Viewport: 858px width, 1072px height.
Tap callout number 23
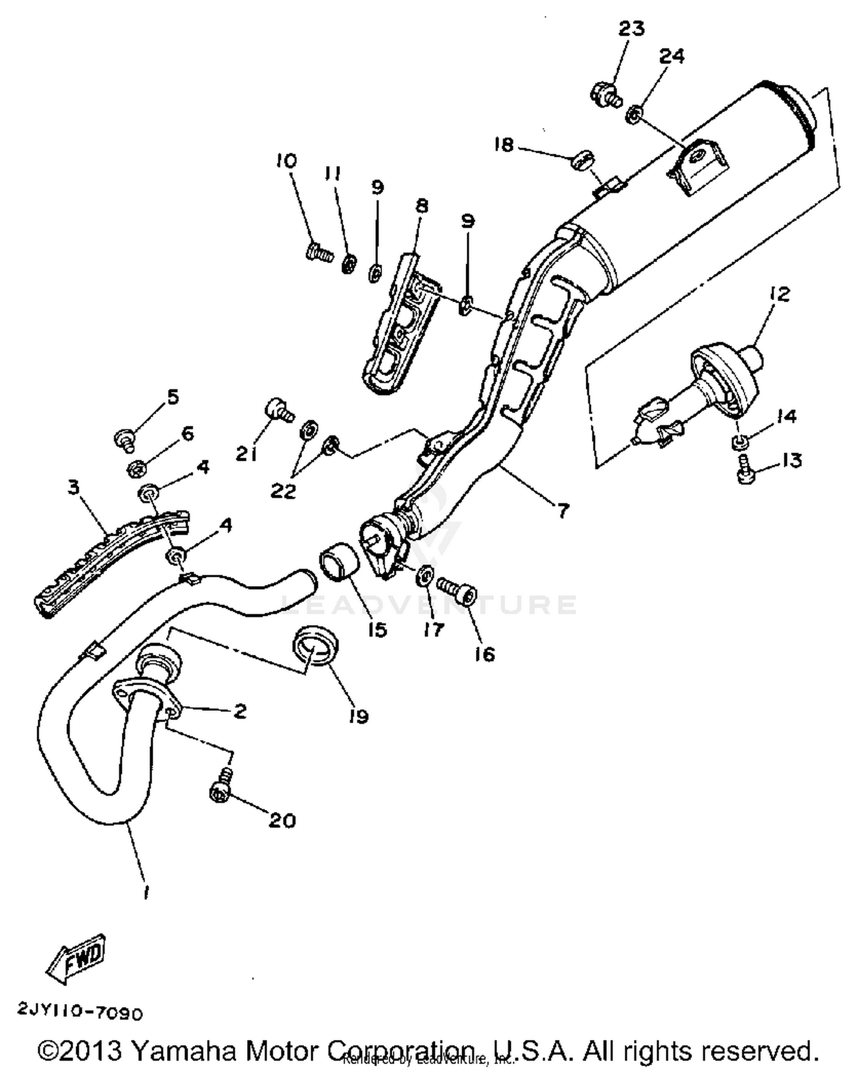(x=631, y=28)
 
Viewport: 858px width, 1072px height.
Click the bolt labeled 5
(x=125, y=440)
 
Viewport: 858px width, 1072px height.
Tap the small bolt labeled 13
(x=744, y=470)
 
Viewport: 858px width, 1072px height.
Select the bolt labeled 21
(x=279, y=410)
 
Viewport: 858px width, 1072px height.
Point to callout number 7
(x=563, y=510)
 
